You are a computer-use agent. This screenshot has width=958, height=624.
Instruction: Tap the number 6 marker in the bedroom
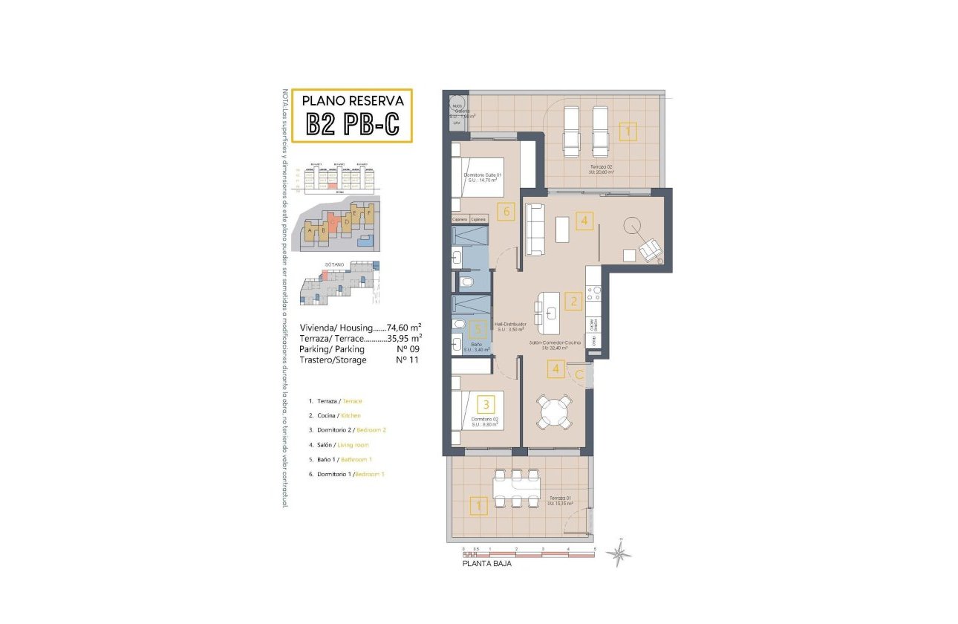pyautogui.click(x=507, y=212)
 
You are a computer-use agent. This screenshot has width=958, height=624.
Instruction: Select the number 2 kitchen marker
pyautogui.click(x=572, y=301)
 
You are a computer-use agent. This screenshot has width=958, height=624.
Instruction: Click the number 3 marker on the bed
pyautogui.click(x=486, y=405)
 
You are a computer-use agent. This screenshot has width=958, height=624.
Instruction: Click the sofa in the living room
pyautogui.click(x=535, y=230)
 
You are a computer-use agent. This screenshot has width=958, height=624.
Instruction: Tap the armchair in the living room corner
pyautogui.click(x=651, y=250)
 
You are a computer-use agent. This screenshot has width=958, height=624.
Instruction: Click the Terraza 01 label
pyautogui.click(x=559, y=500)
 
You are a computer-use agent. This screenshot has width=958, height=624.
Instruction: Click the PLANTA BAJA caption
pyautogui.click(x=486, y=564)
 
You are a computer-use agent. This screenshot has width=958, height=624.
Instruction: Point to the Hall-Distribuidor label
pyautogui.click(x=512, y=324)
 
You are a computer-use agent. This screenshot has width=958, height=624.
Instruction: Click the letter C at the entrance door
pyautogui.click(x=579, y=375)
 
